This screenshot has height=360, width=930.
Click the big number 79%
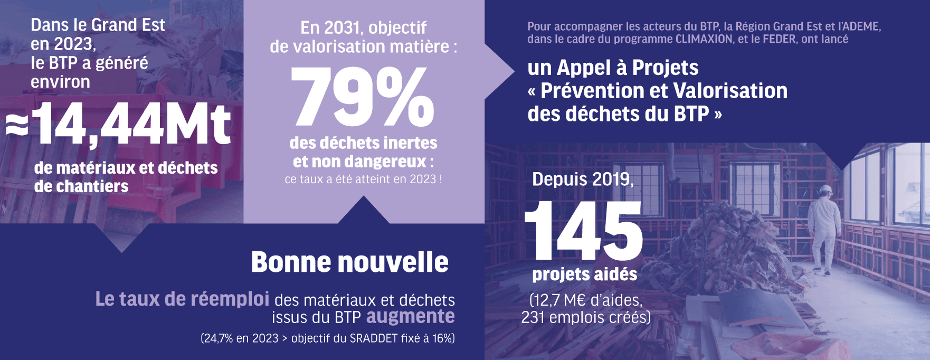point(363,98)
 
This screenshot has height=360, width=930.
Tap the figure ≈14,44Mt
point(119,124)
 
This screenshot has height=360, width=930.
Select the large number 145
point(583,231)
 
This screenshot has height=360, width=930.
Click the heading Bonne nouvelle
point(349,262)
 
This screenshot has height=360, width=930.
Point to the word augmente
point(410,317)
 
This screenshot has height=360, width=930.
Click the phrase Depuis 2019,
point(583,179)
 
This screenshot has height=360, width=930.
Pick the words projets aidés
point(584,274)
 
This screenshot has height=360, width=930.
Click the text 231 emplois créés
point(585,317)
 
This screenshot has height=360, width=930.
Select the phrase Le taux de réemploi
point(182,299)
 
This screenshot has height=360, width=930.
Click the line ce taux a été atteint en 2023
point(363,179)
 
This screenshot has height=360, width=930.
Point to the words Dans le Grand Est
point(98,25)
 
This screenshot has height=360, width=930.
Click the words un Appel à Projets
point(613,68)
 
